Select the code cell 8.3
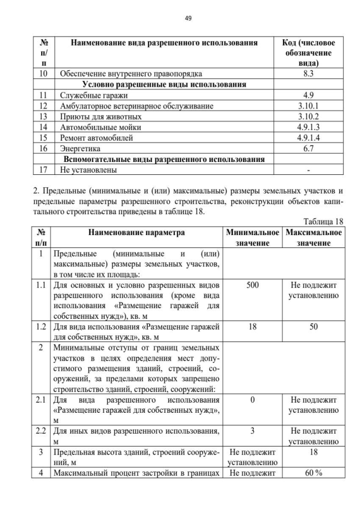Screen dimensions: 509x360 pyautogui.click(x=308, y=74)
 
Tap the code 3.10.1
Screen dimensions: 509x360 pyautogui.click(x=308, y=106)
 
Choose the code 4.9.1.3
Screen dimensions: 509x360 pyautogui.click(x=308, y=127)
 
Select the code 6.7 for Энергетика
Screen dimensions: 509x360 pyautogui.click(x=308, y=148)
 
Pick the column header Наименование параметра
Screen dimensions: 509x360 pyautogui.click(x=136, y=232)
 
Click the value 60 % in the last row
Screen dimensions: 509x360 pyautogui.click(x=313, y=473)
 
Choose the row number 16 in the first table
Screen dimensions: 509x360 pyautogui.click(x=44, y=148)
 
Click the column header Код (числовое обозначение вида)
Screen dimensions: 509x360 pyautogui.click(x=308, y=53)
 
